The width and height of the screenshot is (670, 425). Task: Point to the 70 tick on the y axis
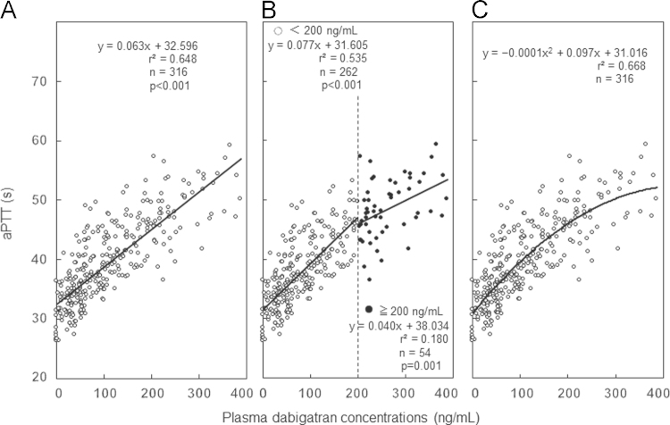pos(39,81)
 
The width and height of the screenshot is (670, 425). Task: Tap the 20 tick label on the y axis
pos(39,378)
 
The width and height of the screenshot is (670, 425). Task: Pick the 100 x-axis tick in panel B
pos(311,391)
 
